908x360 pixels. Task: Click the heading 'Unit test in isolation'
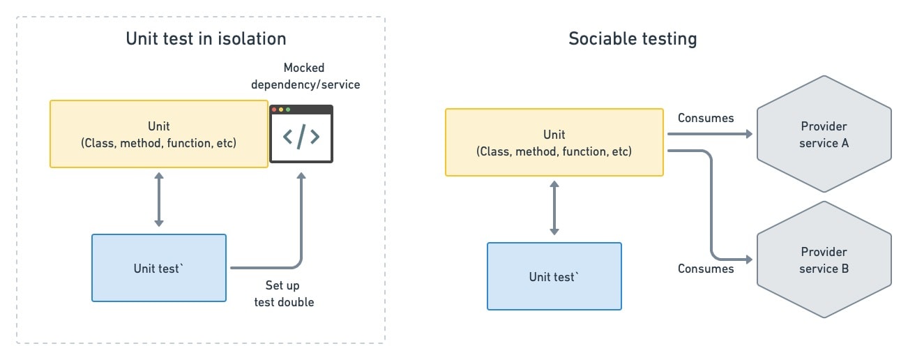pos(206,38)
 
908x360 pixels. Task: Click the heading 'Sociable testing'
pos(632,38)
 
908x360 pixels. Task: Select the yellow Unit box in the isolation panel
pos(158,134)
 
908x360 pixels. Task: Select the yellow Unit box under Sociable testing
pos(554,142)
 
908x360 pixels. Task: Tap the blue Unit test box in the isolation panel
pos(158,268)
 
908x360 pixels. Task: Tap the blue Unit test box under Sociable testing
pos(554,276)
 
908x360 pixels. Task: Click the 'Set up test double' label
pos(289,294)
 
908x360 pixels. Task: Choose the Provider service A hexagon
pos(824,135)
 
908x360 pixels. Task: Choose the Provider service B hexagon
pos(824,260)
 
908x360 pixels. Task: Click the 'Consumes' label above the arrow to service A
pos(706,118)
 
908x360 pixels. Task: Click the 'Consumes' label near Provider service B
pos(706,269)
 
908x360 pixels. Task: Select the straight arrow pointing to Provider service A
pos(711,134)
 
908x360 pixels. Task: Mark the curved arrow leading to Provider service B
pos(711,209)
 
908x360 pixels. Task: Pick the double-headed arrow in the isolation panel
pos(158,201)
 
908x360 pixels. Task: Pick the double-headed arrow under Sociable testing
pos(554,209)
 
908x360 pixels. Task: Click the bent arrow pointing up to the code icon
pos(301,230)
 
